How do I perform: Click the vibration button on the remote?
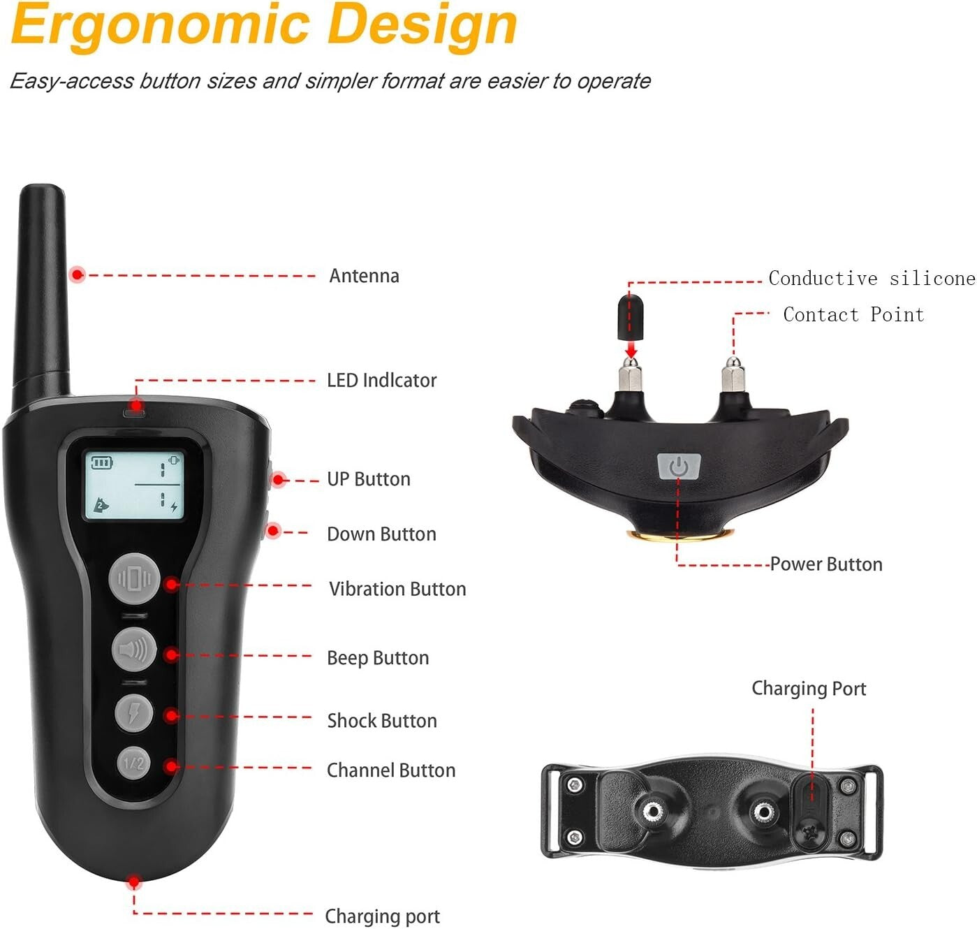135,579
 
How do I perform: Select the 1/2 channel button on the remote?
134,762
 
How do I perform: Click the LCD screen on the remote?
134,485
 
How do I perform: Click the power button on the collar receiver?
679,467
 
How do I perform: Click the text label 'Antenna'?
364,276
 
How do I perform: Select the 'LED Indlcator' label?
381,381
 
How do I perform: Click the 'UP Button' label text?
369,479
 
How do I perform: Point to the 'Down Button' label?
381,534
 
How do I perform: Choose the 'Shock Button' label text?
382,721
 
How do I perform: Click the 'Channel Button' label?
391,770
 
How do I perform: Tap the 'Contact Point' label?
853,315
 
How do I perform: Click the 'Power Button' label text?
826,564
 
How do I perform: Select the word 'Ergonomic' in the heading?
160,25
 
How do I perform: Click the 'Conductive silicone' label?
872,279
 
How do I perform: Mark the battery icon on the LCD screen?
102,462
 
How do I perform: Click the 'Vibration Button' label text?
397,589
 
